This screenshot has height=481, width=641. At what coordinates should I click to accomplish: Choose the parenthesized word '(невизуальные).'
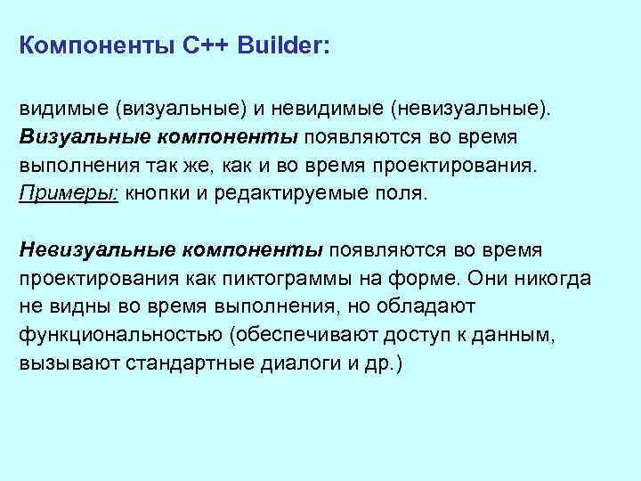point(468,109)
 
